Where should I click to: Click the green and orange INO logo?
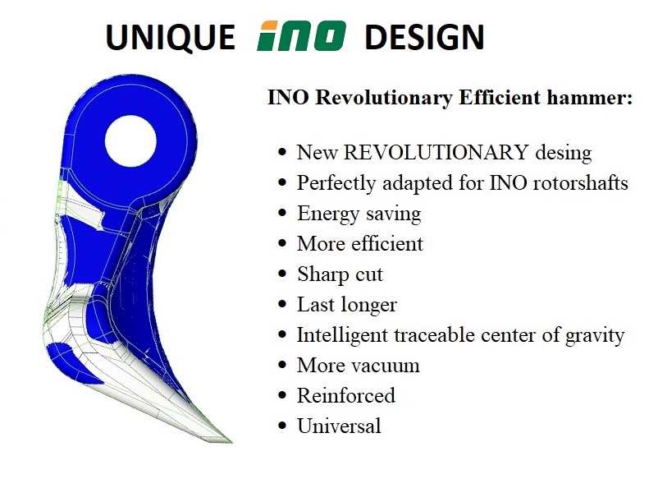click(301, 35)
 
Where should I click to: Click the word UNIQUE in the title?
click(170, 38)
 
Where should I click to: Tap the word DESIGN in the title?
click(425, 37)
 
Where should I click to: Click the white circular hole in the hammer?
click(130, 141)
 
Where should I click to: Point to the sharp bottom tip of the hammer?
click(231, 441)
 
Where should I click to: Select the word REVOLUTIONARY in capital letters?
click(436, 152)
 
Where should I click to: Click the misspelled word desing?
click(564, 153)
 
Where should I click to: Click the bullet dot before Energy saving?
click(282, 213)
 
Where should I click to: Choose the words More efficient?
click(360, 244)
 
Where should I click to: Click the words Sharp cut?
click(340, 275)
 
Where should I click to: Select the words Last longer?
click(347, 305)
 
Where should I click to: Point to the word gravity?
click(595, 336)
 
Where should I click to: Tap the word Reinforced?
click(346, 395)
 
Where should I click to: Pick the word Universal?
click(339, 426)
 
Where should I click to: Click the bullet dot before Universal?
click(282, 426)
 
